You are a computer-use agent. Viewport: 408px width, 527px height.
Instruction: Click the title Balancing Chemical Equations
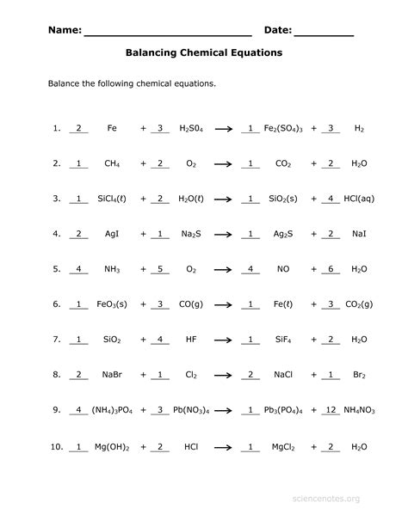point(204,53)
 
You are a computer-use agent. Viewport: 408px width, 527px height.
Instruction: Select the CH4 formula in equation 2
point(112,163)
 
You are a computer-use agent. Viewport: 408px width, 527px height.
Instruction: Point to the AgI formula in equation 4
point(112,234)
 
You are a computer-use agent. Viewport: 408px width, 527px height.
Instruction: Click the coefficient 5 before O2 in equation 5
point(160,268)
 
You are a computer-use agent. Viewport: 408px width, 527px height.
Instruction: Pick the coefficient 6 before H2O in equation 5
point(331,268)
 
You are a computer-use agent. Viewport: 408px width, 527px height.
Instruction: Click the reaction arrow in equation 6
point(224,304)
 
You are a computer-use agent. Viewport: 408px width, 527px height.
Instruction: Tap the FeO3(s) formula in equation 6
point(112,304)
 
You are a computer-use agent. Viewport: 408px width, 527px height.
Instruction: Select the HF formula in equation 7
point(191,340)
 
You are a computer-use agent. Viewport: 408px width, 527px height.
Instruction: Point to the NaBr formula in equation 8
point(112,375)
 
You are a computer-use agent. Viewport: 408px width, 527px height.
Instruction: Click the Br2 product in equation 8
point(359,375)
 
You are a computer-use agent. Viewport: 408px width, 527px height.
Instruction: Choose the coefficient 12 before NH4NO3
point(331,410)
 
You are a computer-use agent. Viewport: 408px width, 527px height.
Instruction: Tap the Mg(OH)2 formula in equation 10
point(112,447)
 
